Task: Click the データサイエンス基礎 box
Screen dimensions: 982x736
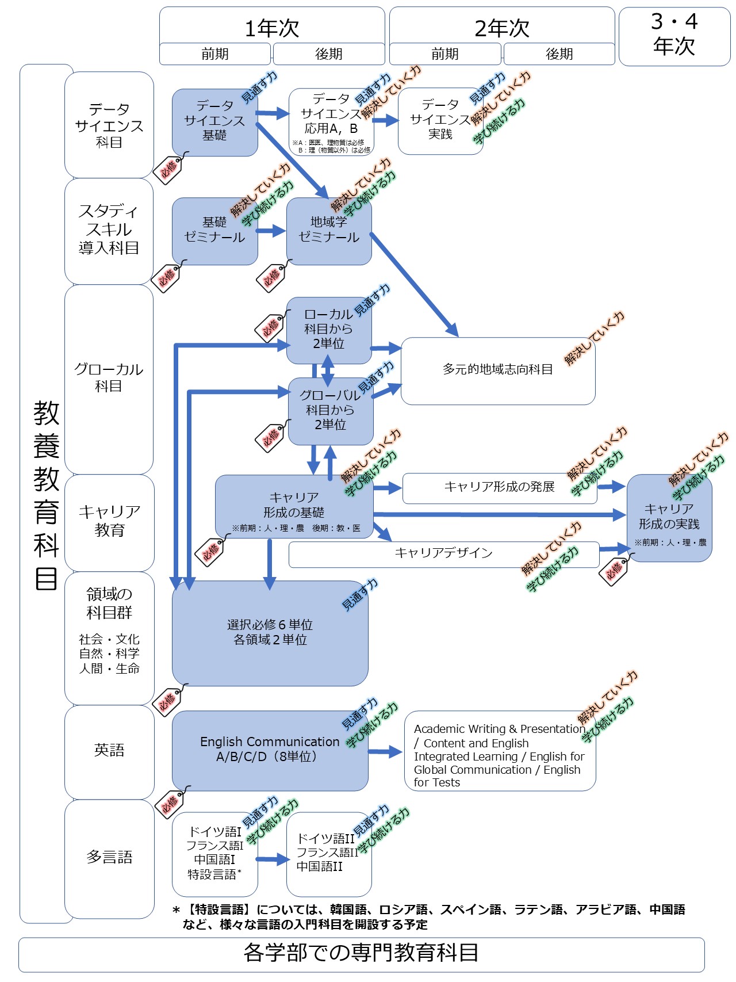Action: [214, 122]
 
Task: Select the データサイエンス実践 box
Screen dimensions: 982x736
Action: [440, 121]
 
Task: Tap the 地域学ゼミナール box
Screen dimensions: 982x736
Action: [328, 231]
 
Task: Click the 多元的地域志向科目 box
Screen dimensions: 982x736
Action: [497, 370]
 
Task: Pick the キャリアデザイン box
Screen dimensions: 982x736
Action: [443, 553]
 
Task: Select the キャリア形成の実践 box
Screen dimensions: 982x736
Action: [669, 518]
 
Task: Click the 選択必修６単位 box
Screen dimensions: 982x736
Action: [270, 633]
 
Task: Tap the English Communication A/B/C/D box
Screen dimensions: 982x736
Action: [270, 750]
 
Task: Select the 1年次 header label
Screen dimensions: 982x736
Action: [271, 28]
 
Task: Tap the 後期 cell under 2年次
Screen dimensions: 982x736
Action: [559, 54]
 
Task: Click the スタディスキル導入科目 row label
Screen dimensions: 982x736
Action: [109, 230]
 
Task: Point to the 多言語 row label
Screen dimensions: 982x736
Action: [109, 857]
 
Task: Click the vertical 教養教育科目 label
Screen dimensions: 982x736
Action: [46, 495]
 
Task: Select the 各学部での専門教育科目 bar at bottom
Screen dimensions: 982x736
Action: [361, 953]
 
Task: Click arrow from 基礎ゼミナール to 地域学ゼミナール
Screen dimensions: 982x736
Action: [271, 231]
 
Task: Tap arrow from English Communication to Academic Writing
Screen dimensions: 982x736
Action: [385, 751]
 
